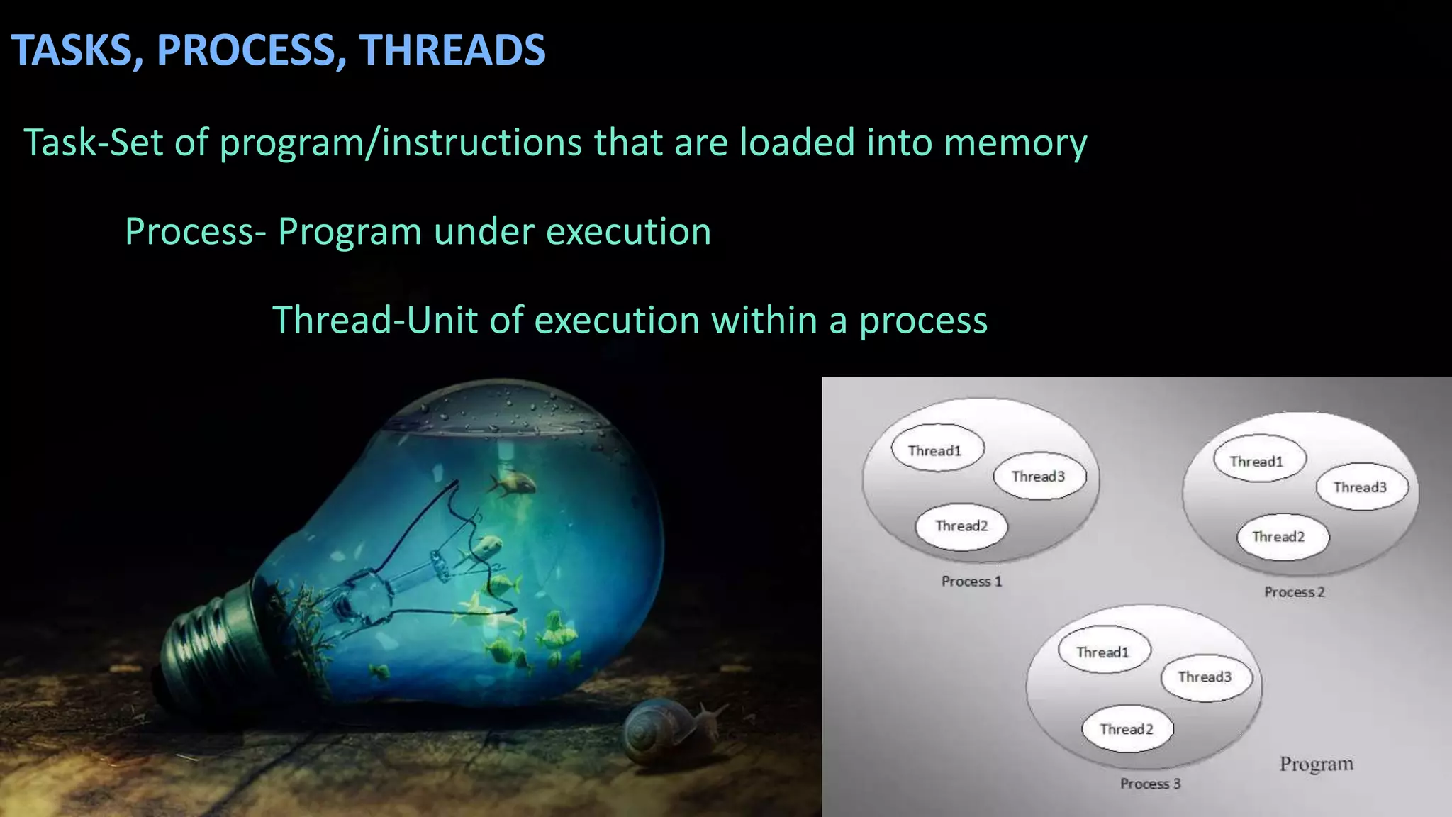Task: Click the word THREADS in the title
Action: coord(452,50)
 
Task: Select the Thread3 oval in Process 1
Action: coord(1039,477)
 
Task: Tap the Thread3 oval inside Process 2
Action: coord(1361,487)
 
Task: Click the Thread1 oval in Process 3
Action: coord(1103,652)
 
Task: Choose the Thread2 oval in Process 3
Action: coord(1127,729)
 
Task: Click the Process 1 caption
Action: coord(971,582)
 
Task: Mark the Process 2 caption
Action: coord(1294,592)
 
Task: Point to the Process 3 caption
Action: coord(1150,784)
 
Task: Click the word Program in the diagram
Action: coord(1316,764)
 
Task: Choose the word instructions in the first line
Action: coord(481,143)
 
